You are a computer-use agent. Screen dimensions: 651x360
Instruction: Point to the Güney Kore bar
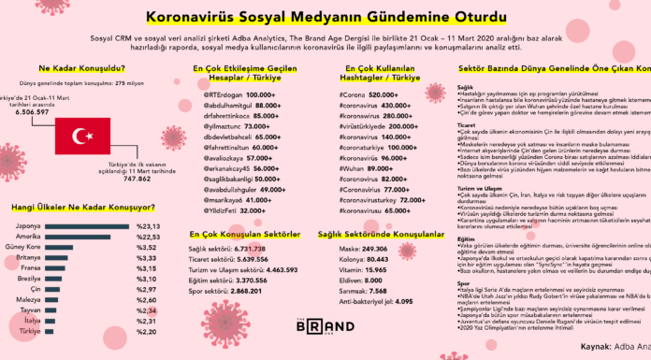[x=62, y=248]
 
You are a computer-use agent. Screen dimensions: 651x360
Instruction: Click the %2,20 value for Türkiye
[x=148, y=332]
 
